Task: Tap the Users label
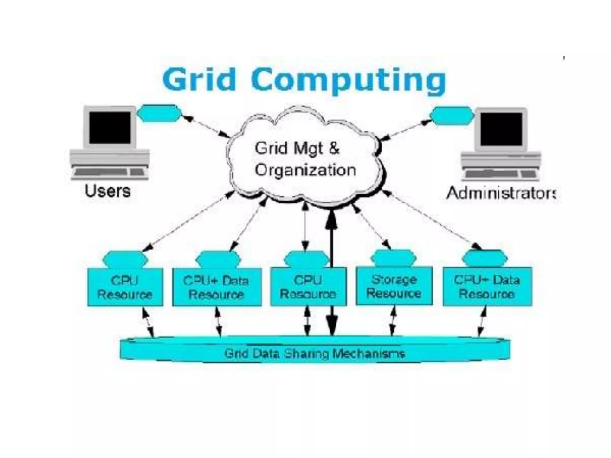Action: [107, 191]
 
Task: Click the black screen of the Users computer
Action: [110, 127]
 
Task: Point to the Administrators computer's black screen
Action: [501, 129]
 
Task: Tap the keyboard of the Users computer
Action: [109, 172]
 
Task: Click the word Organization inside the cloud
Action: [305, 170]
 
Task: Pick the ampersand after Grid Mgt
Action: [334, 148]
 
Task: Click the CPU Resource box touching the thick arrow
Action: [308, 287]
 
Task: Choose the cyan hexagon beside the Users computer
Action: [159, 113]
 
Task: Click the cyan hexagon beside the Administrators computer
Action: [452, 116]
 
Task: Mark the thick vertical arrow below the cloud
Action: [331, 239]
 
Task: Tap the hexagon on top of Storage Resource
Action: [394, 258]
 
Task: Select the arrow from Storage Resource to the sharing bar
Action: [393, 321]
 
